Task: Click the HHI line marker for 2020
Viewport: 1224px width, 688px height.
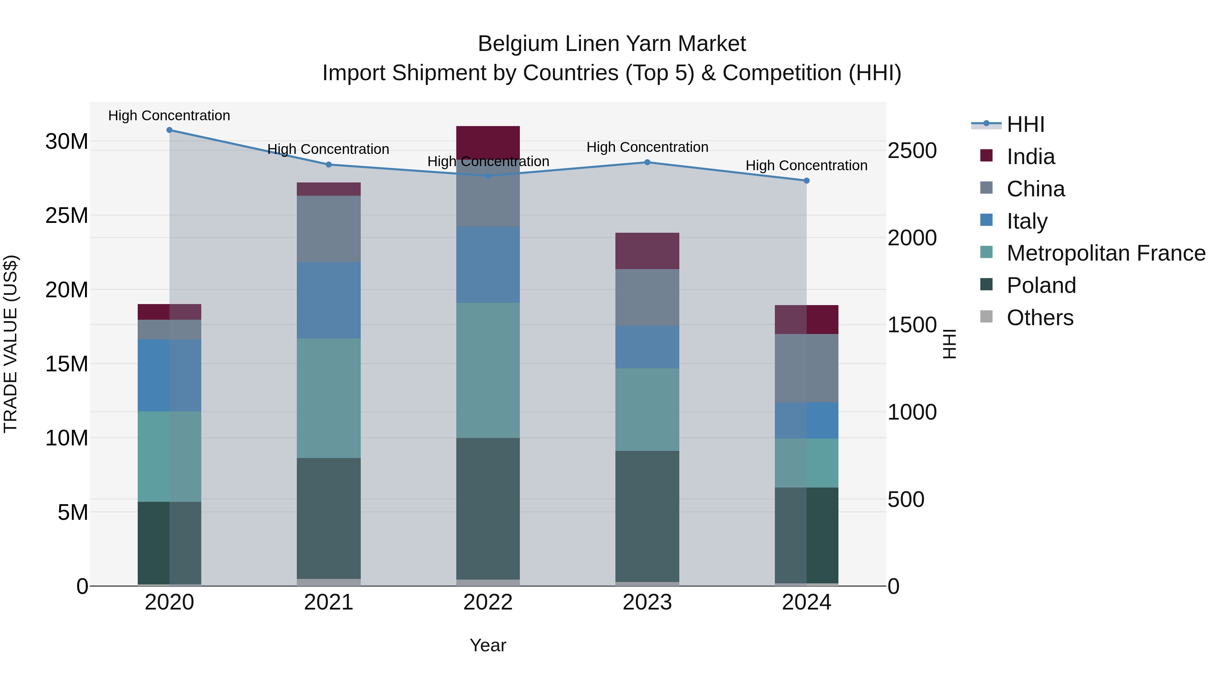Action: pyautogui.click(x=169, y=130)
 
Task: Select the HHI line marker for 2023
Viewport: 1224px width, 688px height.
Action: pyautogui.click(x=647, y=162)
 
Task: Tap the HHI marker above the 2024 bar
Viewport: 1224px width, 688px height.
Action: pyautogui.click(x=806, y=181)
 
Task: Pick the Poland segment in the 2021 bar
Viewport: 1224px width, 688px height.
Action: pyautogui.click(x=329, y=518)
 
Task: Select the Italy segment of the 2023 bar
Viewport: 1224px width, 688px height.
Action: pyautogui.click(x=647, y=347)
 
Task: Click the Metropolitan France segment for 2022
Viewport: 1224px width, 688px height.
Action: pyautogui.click(x=488, y=370)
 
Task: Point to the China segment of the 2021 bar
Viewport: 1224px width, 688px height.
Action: pyautogui.click(x=329, y=229)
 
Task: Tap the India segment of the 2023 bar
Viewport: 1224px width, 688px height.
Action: pyautogui.click(x=647, y=251)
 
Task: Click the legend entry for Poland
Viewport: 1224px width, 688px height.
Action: pyautogui.click(x=1041, y=285)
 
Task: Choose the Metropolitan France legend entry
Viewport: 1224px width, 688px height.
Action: pyautogui.click(x=1106, y=253)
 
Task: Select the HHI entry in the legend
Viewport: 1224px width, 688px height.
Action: pyautogui.click(x=1025, y=124)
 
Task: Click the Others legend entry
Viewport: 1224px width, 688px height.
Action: pyautogui.click(x=1040, y=318)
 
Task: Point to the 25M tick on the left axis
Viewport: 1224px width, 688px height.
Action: pyautogui.click(x=67, y=215)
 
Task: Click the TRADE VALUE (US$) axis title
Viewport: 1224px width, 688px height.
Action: pyautogui.click(x=11, y=344)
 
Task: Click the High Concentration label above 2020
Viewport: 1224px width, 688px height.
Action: pyautogui.click(x=169, y=116)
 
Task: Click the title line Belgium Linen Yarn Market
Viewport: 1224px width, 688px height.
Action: pyautogui.click(x=612, y=44)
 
